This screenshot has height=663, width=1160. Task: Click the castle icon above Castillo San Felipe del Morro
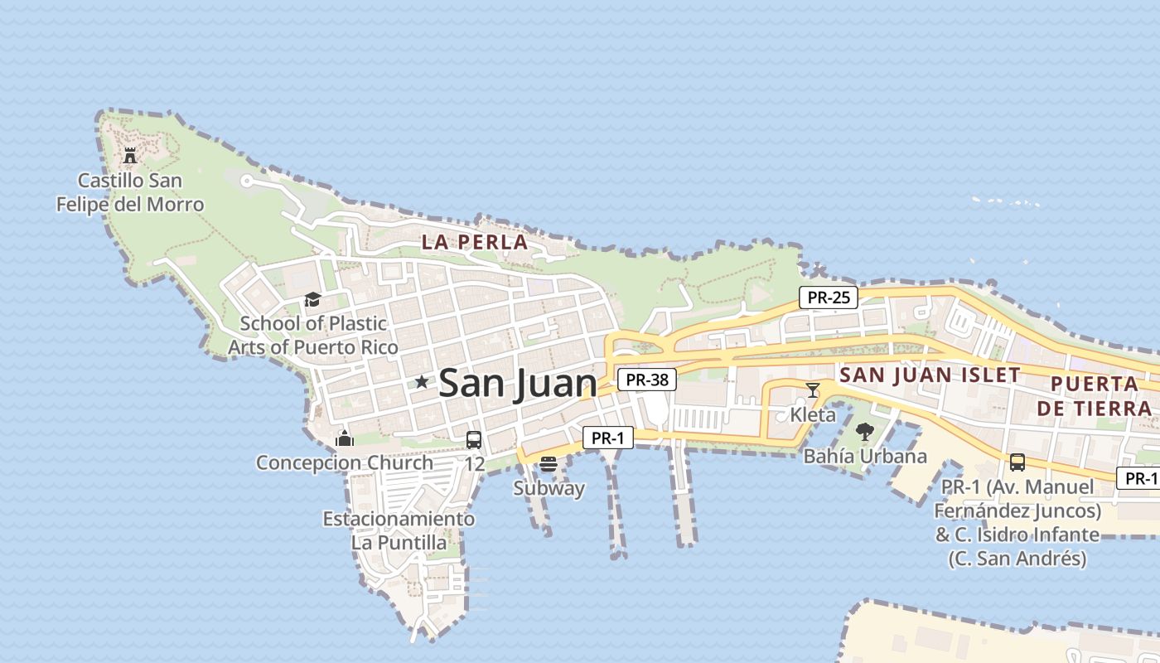pyautogui.click(x=129, y=155)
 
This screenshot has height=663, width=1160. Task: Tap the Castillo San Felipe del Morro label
pyautogui.click(x=130, y=192)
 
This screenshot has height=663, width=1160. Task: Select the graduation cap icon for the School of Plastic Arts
pyautogui.click(x=312, y=299)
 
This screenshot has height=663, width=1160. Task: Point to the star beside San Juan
pyautogui.click(x=422, y=382)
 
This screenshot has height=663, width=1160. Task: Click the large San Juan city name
pyautogui.click(x=517, y=384)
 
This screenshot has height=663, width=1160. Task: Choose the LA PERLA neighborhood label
pyautogui.click(x=474, y=243)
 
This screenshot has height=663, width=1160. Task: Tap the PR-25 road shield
pyautogui.click(x=828, y=298)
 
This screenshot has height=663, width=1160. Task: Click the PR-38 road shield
pyautogui.click(x=647, y=380)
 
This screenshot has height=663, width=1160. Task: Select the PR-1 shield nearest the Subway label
pyautogui.click(x=607, y=438)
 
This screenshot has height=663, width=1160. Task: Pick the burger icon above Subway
pyautogui.click(x=548, y=465)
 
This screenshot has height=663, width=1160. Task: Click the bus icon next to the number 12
pyautogui.click(x=474, y=440)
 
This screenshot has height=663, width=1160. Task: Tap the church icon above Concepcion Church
pyautogui.click(x=345, y=438)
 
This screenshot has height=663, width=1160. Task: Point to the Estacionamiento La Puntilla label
pyautogui.click(x=399, y=531)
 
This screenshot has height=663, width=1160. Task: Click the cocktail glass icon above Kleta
pyautogui.click(x=813, y=390)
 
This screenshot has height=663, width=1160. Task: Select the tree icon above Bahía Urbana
pyautogui.click(x=865, y=432)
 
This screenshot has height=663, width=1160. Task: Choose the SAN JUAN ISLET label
pyautogui.click(x=930, y=375)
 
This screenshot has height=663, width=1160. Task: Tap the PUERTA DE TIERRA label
pyautogui.click(x=1094, y=396)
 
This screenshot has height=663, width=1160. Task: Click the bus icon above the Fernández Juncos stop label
pyautogui.click(x=1017, y=462)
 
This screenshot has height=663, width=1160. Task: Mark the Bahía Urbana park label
pyautogui.click(x=865, y=457)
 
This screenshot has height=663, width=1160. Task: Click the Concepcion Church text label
pyautogui.click(x=345, y=463)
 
